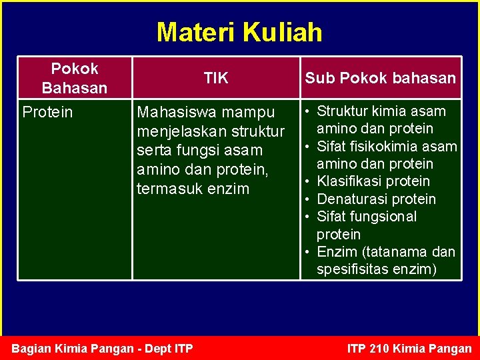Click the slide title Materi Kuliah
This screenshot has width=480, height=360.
[x=239, y=32]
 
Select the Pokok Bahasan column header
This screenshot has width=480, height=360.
[x=74, y=78]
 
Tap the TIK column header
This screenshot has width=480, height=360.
[x=216, y=78]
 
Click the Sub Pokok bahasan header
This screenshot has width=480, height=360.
[x=380, y=78]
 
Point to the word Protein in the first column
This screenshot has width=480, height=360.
[x=47, y=111]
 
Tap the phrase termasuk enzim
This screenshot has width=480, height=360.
[x=193, y=189]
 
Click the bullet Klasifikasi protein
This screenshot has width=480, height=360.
[x=373, y=181]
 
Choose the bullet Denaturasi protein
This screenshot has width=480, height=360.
[x=376, y=199]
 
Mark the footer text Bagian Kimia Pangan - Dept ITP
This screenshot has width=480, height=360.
[x=103, y=348]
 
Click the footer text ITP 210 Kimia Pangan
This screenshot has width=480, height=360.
[x=409, y=348]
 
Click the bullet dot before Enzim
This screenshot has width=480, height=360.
[x=308, y=252]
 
